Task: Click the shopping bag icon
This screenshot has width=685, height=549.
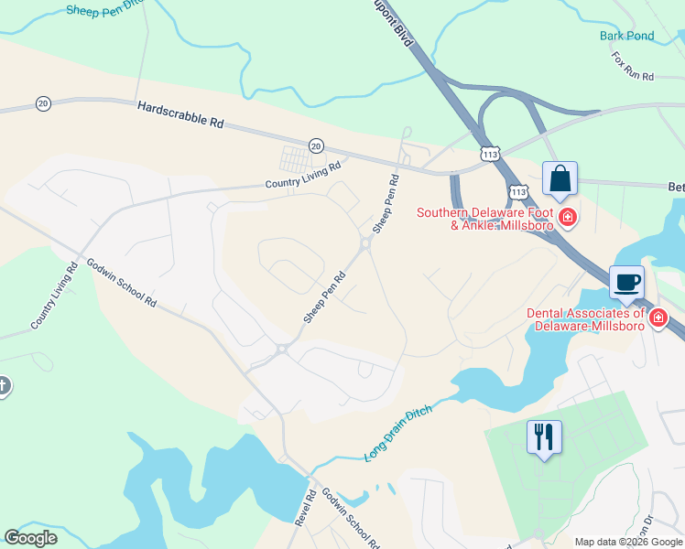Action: (560, 179)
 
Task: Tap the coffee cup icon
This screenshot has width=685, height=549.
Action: (626, 282)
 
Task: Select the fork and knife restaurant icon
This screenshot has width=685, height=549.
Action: (544, 436)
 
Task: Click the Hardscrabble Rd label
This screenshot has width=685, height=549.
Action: (180, 114)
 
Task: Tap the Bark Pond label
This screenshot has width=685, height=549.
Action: (627, 36)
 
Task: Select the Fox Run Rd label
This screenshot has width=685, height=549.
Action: (633, 66)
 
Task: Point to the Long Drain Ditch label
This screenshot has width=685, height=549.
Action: (397, 433)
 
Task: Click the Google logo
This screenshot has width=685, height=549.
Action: (31, 538)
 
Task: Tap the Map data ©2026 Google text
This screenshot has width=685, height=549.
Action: (627, 542)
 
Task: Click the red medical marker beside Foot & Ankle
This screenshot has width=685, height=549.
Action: (568, 217)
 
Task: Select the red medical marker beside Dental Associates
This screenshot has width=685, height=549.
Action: (658, 318)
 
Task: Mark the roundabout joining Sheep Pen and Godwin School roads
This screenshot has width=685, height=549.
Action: (282, 349)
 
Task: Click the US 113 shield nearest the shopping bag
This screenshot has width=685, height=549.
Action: (518, 191)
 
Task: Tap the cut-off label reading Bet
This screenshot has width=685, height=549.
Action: (677, 186)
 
